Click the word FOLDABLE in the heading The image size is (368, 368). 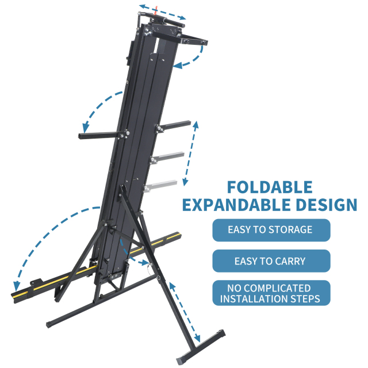pyautogui.click(x=270, y=187)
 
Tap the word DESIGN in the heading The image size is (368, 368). pyautogui.click(x=327, y=205)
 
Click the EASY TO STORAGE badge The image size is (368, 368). pyautogui.click(x=271, y=230)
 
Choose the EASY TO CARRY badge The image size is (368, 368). pyautogui.click(x=271, y=261)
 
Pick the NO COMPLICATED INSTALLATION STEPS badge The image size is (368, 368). pyautogui.click(x=271, y=293)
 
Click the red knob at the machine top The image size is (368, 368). pyautogui.click(x=156, y=12)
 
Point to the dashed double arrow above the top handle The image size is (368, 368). pyautogui.click(x=162, y=11)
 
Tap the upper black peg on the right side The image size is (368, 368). pyautogui.click(x=173, y=126)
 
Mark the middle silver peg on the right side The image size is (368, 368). pyautogui.click(x=167, y=156)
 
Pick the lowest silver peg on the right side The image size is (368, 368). pyautogui.click(x=160, y=185)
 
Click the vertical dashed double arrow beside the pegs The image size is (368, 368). pyautogui.click(x=190, y=154)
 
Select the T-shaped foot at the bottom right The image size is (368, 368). pyautogui.click(x=201, y=347)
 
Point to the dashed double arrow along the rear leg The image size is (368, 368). pyautogui.click(x=185, y=312)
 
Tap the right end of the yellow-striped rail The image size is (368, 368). pyautogui.click(x=178, y=236)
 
